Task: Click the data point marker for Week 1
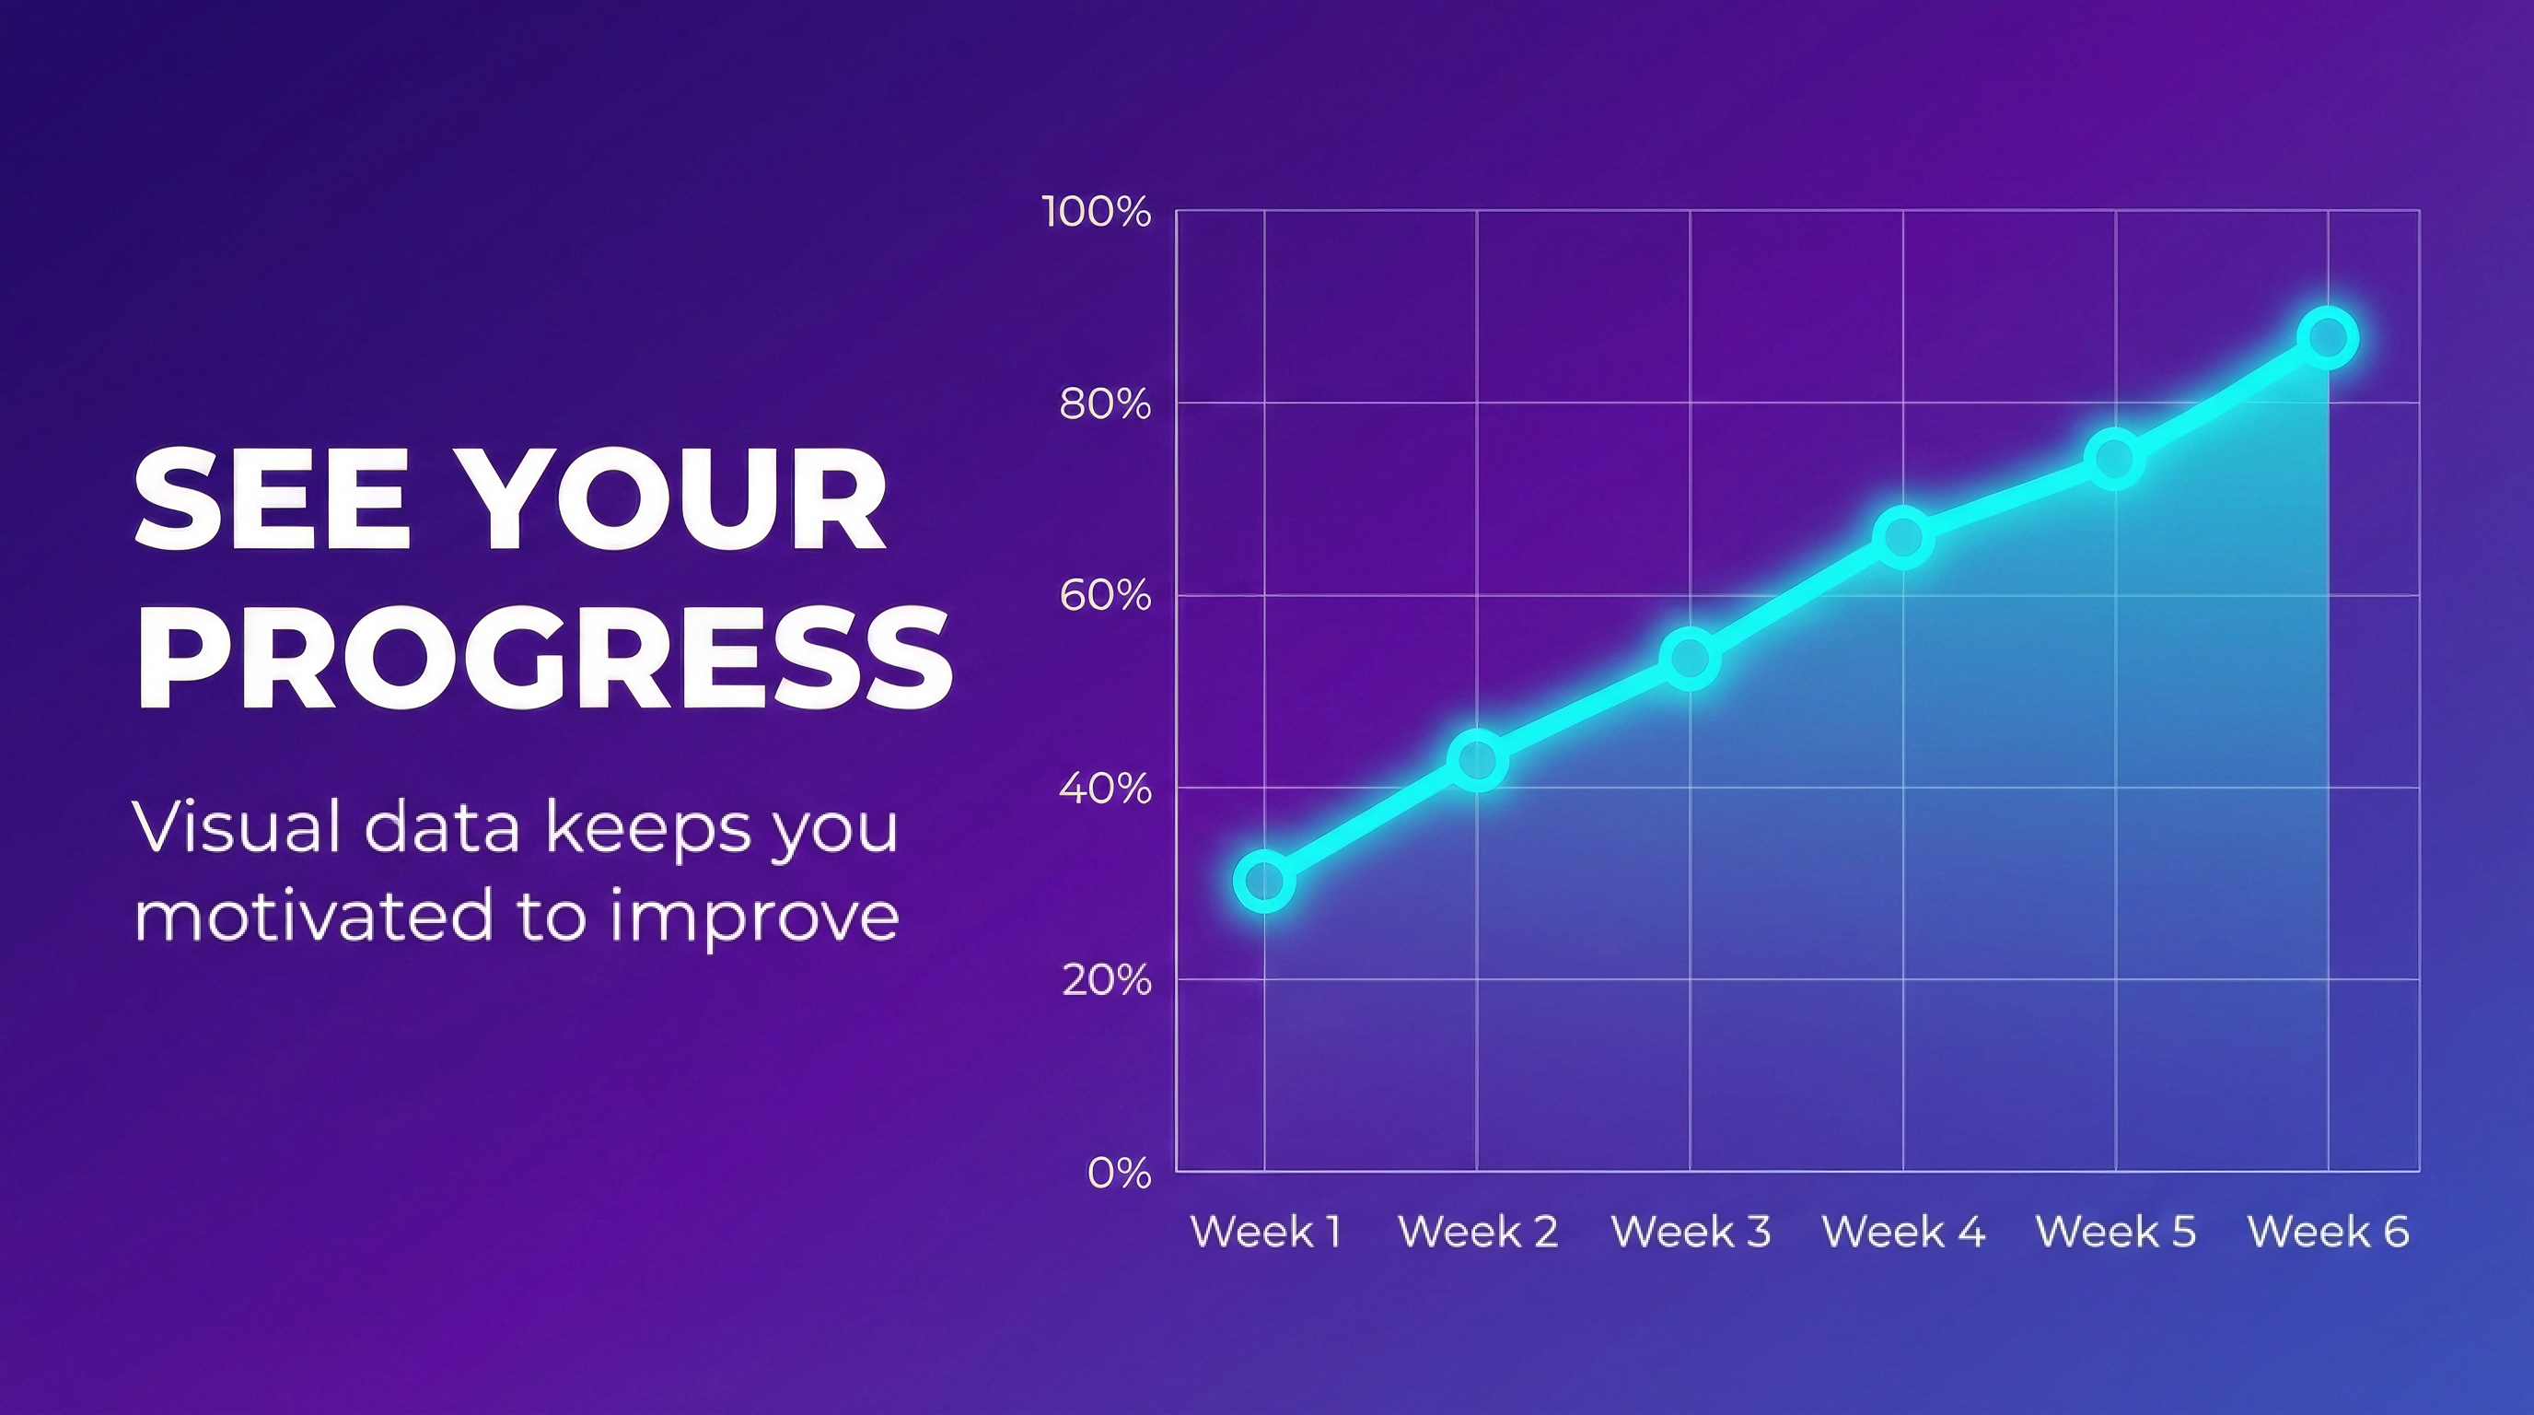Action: coord(1264,881)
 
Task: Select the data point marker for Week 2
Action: coord(1478,761)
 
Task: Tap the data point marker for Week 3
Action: coord(1690,659)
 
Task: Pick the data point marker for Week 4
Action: coord(1903,537)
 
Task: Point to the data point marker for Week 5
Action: coord(2115,459)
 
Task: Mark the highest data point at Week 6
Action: coord(2328,338)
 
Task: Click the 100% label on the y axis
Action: coord(1096,212)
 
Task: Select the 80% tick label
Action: coord(1104,404)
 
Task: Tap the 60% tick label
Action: coord(1104,596)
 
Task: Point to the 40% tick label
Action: coord(1104,789)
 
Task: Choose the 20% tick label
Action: coord(1106,981)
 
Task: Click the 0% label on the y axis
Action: coord(1119,1173)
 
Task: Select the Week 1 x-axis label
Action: coord(1266,1232)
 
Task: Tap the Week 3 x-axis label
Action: coord(1690,1232)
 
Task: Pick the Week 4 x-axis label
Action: coord(1903,1232)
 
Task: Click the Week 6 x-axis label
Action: coord(2329,1232)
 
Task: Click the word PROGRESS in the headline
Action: coord(543,658)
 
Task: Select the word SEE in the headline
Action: coord(271,499)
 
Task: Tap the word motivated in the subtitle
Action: coord(313,915)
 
